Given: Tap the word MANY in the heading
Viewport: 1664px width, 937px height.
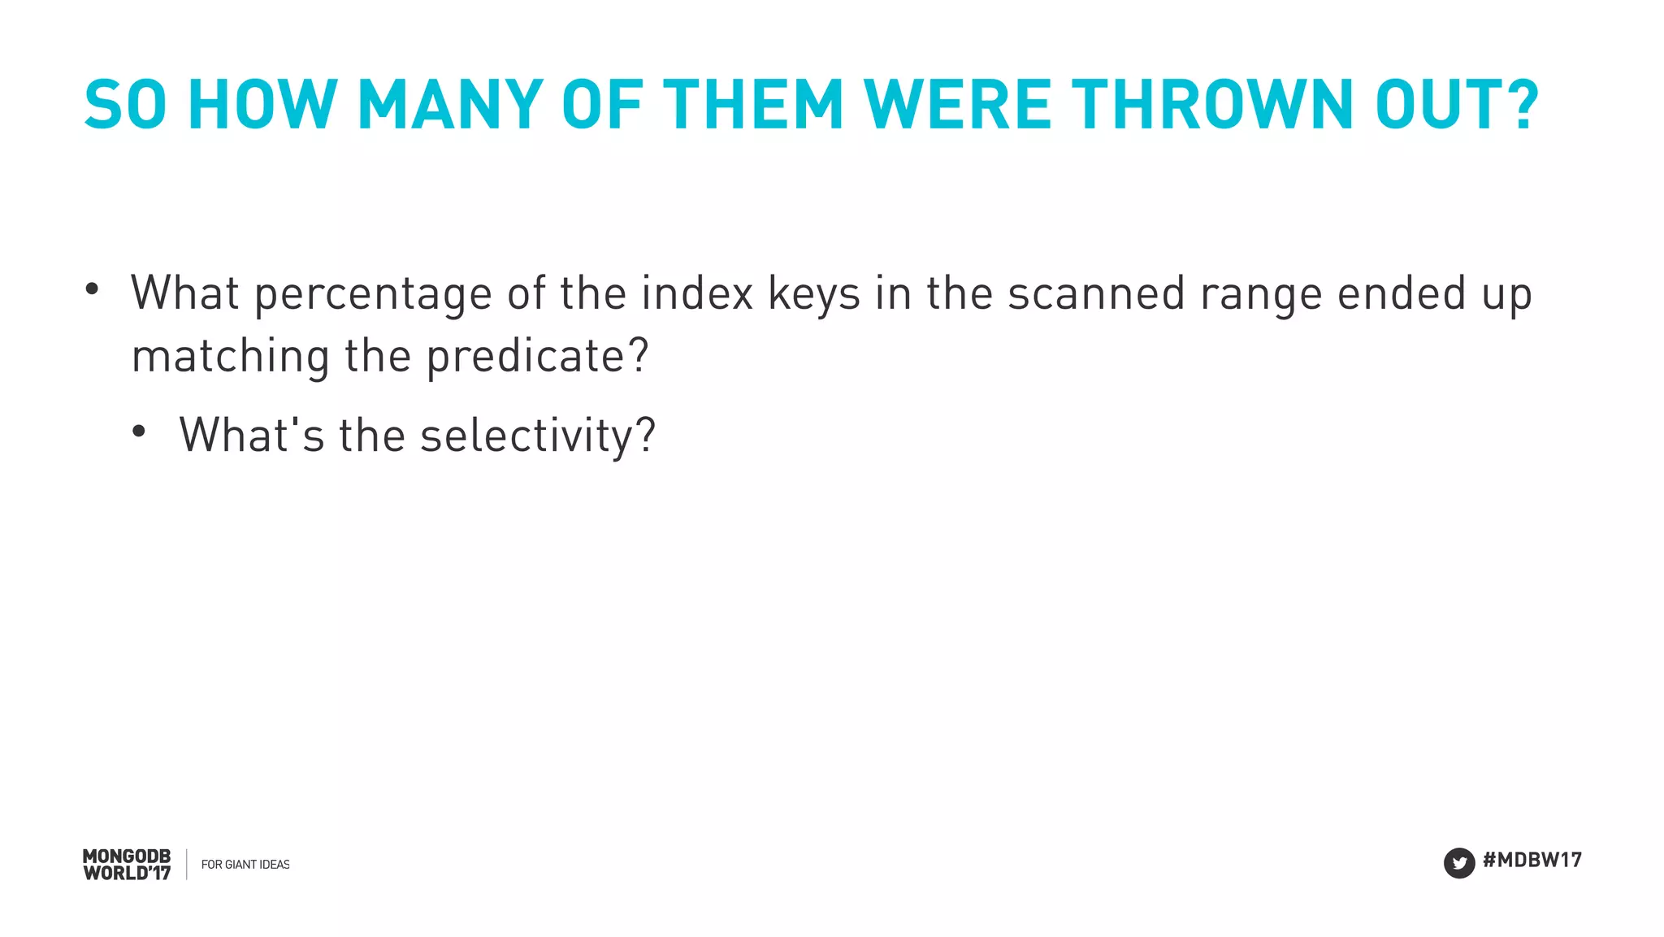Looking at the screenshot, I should click(449, 105).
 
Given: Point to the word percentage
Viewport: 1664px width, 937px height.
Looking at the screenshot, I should click(373, 294).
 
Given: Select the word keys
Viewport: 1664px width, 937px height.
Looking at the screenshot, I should click(813, 294).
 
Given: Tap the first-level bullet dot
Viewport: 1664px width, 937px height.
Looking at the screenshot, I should click(92, 288).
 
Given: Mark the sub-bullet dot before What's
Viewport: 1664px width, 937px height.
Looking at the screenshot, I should click(139, 432).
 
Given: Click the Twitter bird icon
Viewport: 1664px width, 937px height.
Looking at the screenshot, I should click(1458, 863).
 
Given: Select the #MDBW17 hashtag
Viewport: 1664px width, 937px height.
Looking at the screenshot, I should click(1532, 860).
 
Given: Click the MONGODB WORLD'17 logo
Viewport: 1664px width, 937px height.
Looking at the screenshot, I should click(127, 865).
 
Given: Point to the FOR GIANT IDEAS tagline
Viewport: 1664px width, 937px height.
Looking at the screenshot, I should click(245, 865).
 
